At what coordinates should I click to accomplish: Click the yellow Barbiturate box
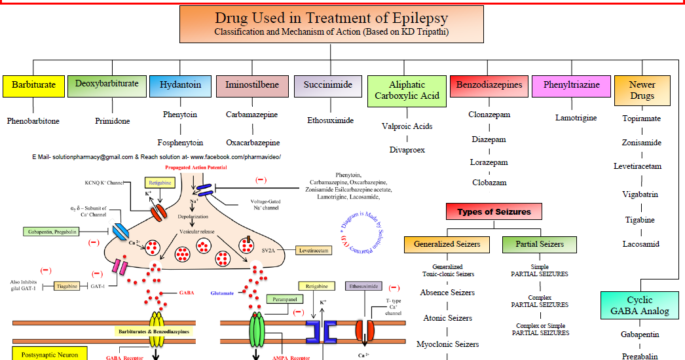pyautogui.click(x=33, y=85)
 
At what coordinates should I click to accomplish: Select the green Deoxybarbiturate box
pyautogui.click(x=107, y=84)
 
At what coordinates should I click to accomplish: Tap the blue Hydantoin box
pyautogui.click(x=180, y=85)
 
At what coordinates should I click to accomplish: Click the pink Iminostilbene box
pyautogui.click(x=251, y=85)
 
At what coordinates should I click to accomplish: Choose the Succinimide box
pyautogui.click(x=327, y=85)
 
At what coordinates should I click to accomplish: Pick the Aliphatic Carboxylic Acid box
pyautogui.click(x=407, y=90)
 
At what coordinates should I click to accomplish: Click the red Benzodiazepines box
pyautogui.click(x=489, y=85)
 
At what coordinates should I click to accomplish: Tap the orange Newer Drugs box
pyautogui.click(x=642, y=90)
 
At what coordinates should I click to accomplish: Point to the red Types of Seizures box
pyautogui.click(x=494, y=212)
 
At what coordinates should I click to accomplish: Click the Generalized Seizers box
pyautogui.click(x=447, y=244)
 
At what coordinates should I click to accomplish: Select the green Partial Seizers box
pyautogui.click(x=540, y=244)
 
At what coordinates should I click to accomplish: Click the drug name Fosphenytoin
pyautogui.click(x=180, y=143)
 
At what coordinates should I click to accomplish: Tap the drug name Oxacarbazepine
pyautogui.click(x=253, y=143)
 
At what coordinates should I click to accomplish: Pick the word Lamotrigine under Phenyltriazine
pyautogui.click(x=576, y=118)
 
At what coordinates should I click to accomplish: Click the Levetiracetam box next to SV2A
pyautogui.click(x=314, y=250)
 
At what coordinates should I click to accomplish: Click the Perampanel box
pyautogui.click(x=284, y=299)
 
